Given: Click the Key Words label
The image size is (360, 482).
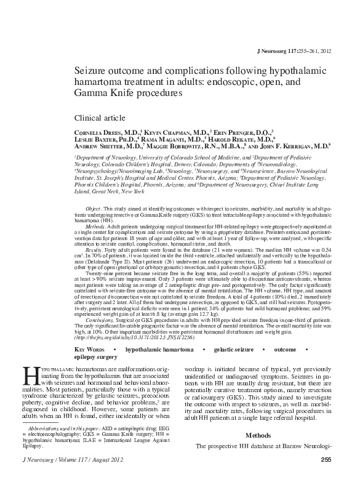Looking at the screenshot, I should (x=91, y=348).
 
